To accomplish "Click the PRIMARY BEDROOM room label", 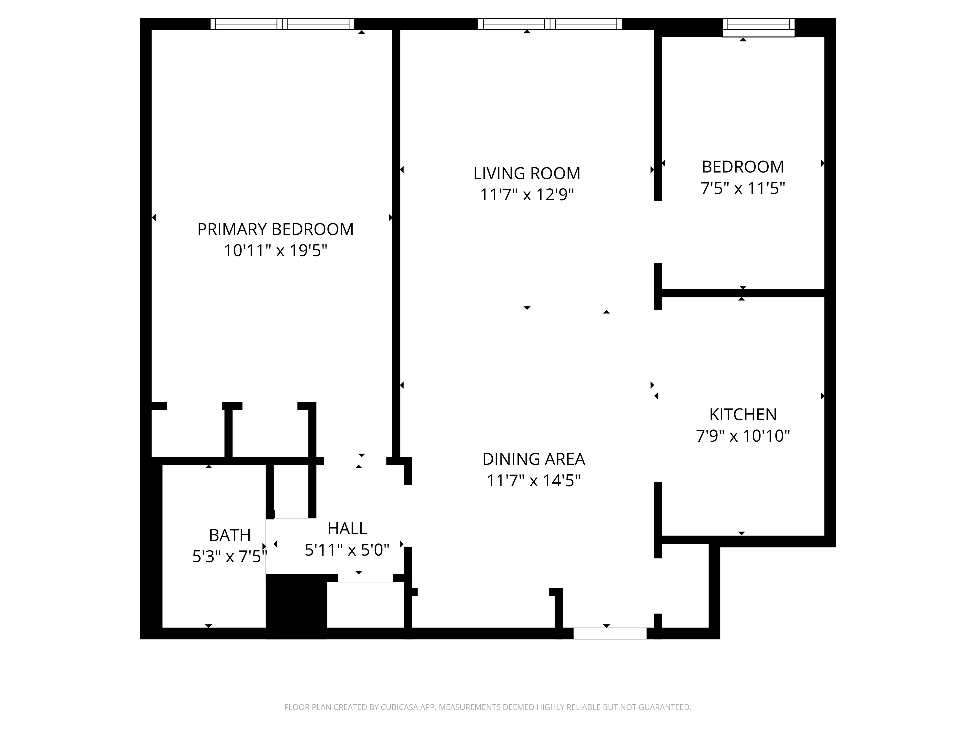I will coord(275,229).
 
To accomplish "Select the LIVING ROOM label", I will coord(527,173).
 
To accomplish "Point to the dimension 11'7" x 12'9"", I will coord(527,194).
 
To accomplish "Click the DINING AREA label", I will coord(533,459).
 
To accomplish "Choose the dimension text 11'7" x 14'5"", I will coord(533,480).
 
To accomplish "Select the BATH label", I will coord(229,535).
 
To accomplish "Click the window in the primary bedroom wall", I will coord(282,24).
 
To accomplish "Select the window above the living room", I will coord(550,24).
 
